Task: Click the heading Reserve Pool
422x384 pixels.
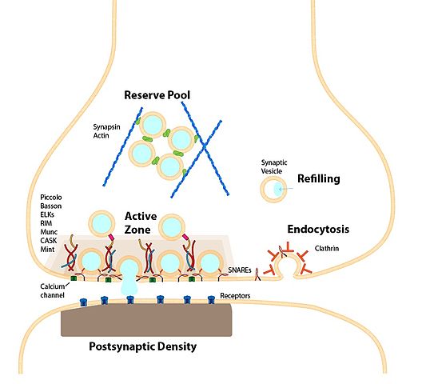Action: coord(157,95)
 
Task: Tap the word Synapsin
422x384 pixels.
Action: coord(106,127)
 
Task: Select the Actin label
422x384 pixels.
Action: coord(101,135)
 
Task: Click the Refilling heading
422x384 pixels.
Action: coord(319,178)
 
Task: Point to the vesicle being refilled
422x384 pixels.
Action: coord(273,189)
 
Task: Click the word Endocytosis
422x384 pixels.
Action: coord(318,229)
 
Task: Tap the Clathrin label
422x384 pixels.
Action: coord(327,248)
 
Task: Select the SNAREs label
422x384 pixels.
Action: coord(240,270)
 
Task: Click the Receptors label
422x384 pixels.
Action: coord(235,296)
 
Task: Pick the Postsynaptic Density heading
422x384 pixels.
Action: coord(142,346)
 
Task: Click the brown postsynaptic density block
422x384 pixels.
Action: coord(146,320)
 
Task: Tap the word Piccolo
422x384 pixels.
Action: coord(51,198)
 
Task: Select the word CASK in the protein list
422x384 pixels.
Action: coord(49,240)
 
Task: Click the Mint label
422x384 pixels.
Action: coord(47,250)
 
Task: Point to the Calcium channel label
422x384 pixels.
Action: coord(53,290)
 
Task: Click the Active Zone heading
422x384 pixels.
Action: coord(141,223)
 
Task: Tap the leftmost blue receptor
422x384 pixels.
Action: coord(83,302)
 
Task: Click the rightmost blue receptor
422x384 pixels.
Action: coord(211,299)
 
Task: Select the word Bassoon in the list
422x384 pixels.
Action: coord(51,206)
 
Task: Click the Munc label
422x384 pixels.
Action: coord(49,232)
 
